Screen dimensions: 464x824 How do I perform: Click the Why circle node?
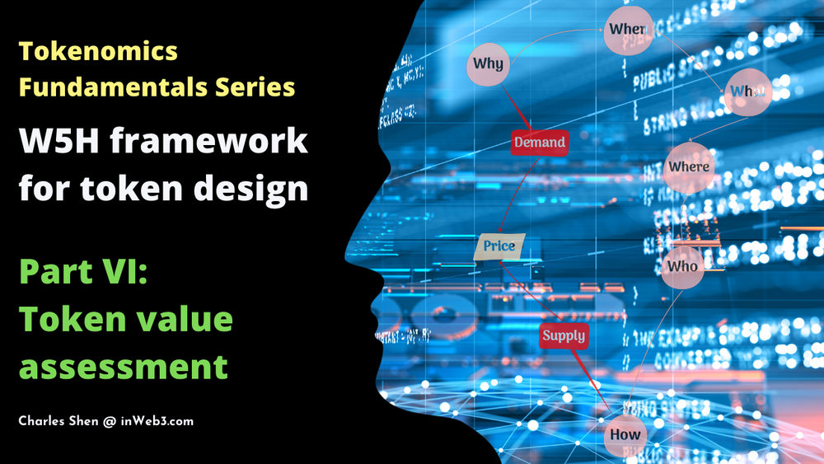tap(489, 63)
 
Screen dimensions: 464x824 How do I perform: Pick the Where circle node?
tap(689, 167)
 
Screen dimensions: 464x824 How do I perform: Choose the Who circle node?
tap(682, 266)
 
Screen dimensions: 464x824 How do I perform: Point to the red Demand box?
tap(540, 143)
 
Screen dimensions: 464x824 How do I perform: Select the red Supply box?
tap(564, 335)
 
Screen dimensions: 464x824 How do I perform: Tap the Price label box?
tap(499, 246)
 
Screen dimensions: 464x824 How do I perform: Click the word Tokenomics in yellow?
tap(98, 51)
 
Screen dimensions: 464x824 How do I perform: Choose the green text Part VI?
tap(83, 271)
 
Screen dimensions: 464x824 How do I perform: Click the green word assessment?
tap(124, 365)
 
